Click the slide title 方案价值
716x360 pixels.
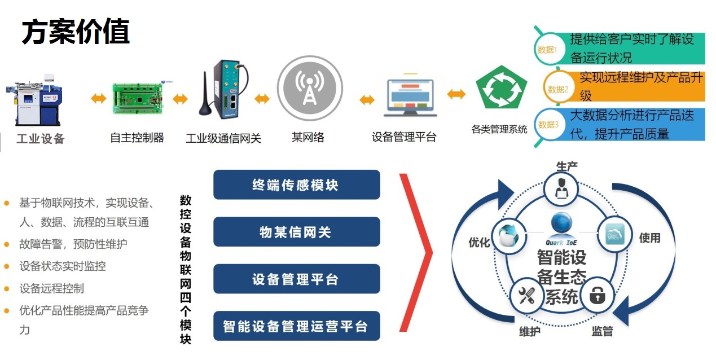(76, 32)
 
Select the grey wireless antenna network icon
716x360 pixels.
(310, 88)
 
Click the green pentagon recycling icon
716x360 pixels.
(501, 87)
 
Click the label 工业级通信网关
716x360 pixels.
(223, 138)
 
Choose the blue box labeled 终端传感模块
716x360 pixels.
(297, 185)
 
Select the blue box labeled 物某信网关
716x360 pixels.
(297, 232)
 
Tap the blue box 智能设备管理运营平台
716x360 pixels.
(297, 326)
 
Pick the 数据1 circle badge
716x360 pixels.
(549, 49)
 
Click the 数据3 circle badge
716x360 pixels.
(549, 124)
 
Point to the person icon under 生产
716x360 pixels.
(561, 188)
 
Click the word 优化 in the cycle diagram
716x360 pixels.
(479, 242)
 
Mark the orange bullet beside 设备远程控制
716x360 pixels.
(7, 289)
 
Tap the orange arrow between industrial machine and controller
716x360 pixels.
(98, 98)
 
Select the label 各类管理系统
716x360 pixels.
(499, 129)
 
